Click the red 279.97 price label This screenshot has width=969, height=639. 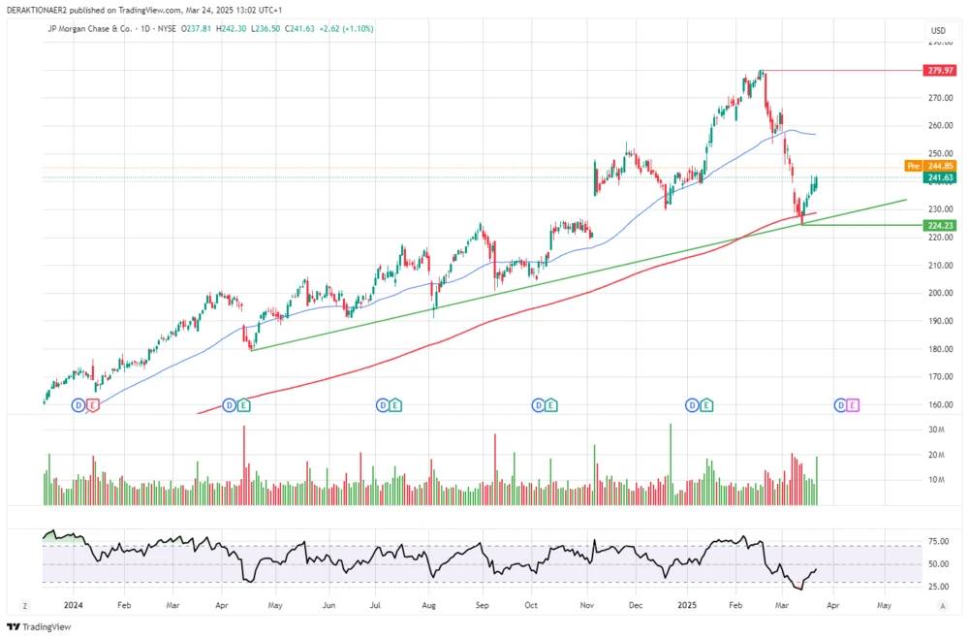941,71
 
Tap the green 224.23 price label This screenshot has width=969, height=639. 941,225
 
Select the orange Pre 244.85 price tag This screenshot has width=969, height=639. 933,166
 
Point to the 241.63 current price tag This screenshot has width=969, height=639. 941,177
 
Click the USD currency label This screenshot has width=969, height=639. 938,31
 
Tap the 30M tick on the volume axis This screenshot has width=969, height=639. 937,430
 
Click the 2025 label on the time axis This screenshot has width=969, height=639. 685,604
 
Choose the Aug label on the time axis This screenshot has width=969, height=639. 429,604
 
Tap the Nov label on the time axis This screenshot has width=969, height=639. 586,604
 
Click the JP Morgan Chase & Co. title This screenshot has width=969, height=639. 90,29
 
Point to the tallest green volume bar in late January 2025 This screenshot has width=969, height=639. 670,464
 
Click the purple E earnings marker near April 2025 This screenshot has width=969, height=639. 853,404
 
